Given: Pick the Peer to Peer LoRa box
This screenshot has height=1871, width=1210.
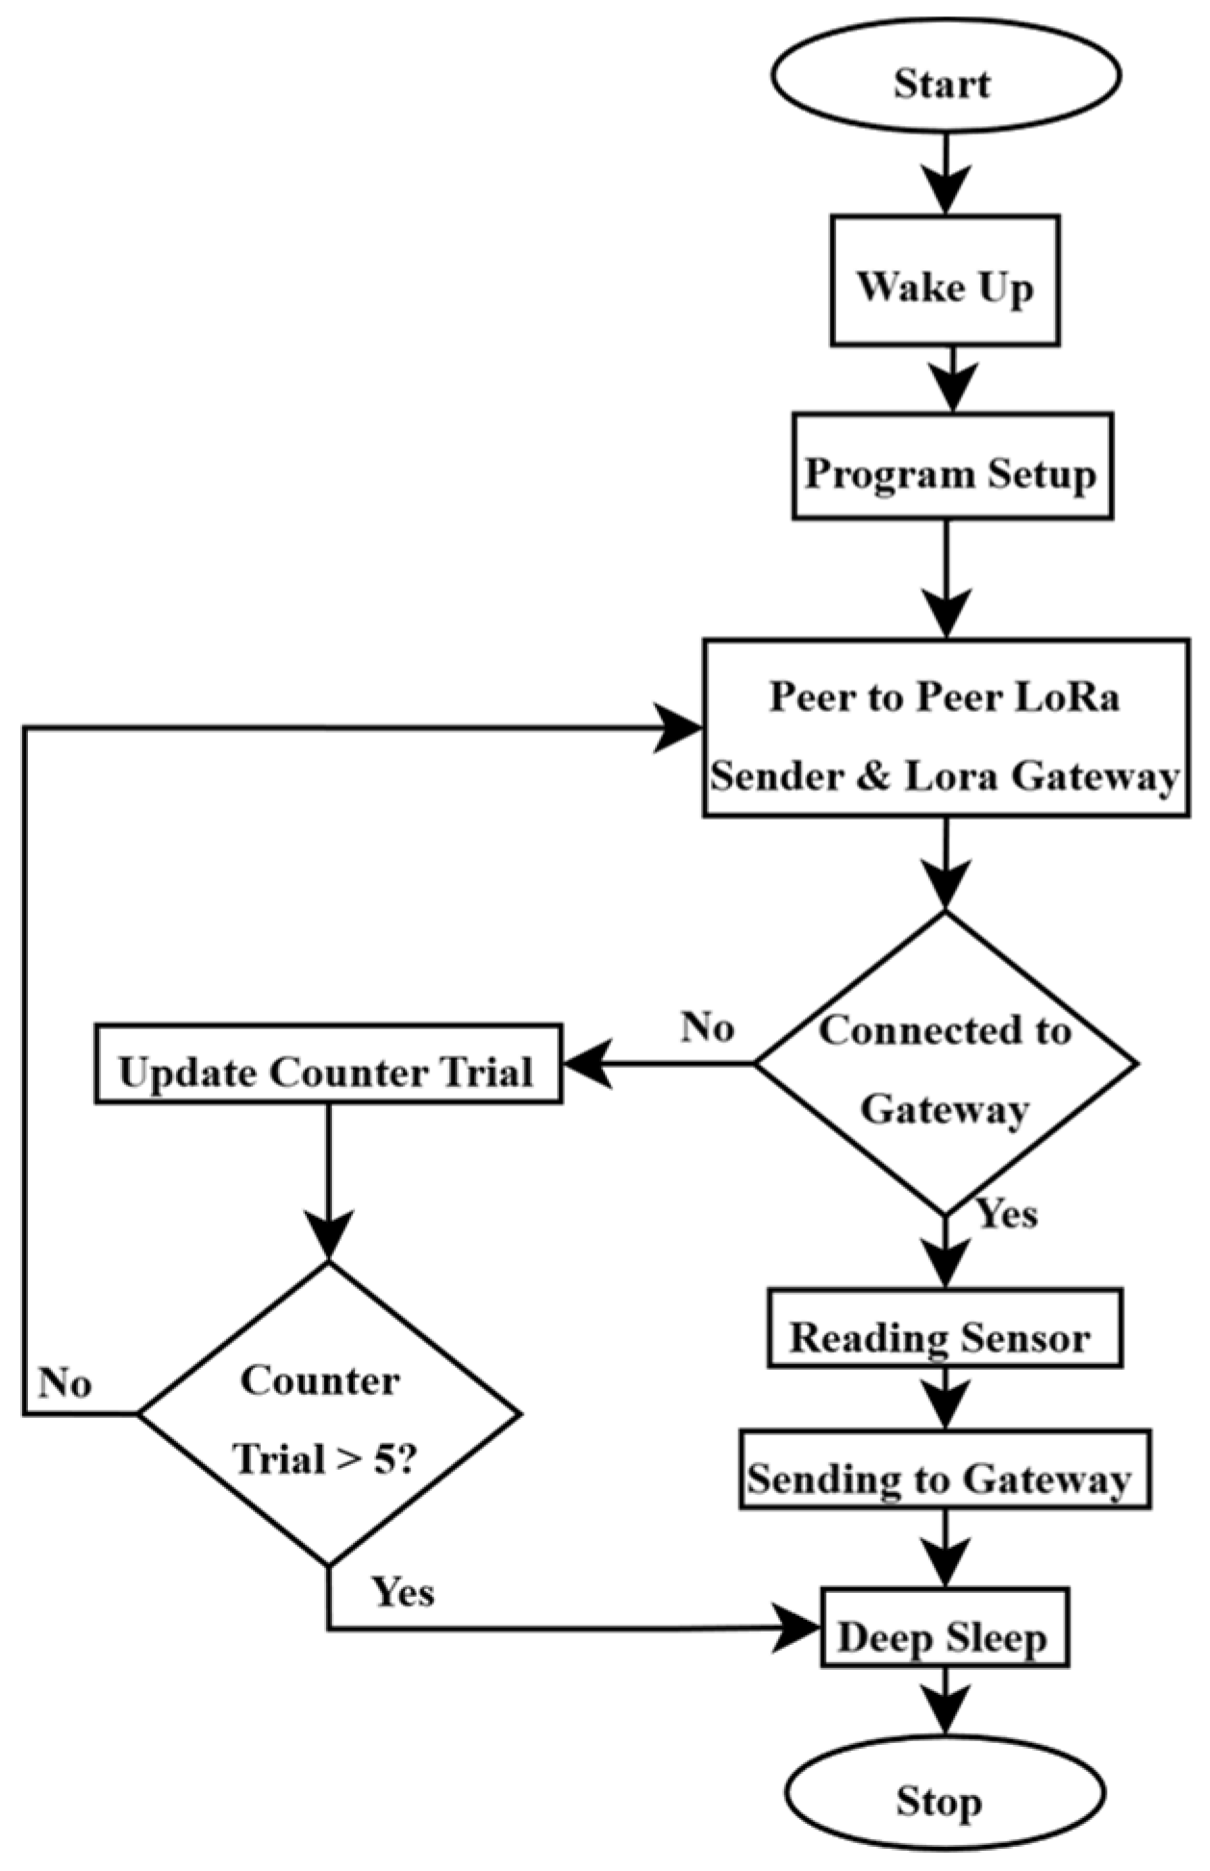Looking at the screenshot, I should pyautogui.click(x=945, y=728).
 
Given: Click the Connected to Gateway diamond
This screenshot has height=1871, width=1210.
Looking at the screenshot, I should pyautogui.click(x=945, y=1064).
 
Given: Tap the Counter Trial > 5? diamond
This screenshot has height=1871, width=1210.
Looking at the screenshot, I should pyautogui.click(x=328, y=1414).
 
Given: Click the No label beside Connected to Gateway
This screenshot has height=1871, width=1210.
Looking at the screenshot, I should pyautogui.click(x=707, y=1027).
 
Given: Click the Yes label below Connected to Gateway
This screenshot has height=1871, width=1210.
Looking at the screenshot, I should pyautogui.click(x=1007, y=1214).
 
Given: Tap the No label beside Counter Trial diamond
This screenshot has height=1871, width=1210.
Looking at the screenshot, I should pyautogui.click(x=65, y=1382).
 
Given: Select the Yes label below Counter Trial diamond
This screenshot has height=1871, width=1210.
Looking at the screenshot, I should pyautogui.click(x=404, y=1592).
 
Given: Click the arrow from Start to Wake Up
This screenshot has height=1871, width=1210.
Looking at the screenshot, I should pyautogui.click(x=945, y=173).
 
